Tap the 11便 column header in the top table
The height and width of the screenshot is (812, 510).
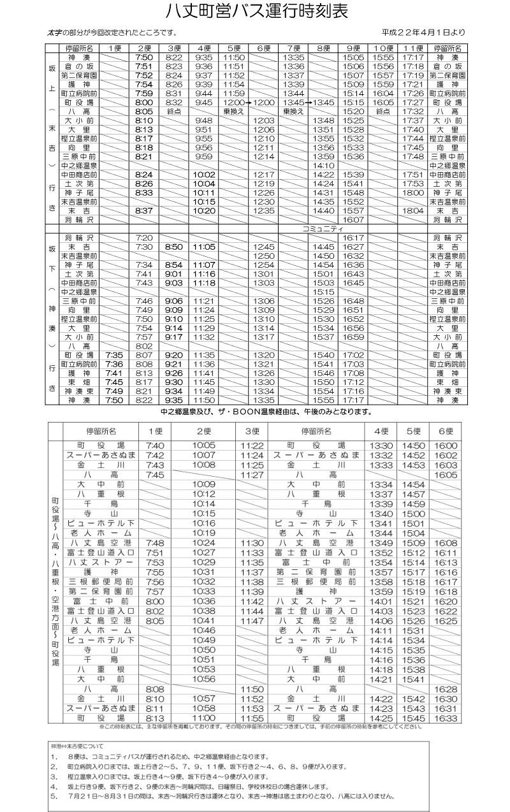(x=414, y=48)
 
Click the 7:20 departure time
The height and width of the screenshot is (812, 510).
(x=145, y=237)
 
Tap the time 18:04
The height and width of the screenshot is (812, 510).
(x=414, y=210)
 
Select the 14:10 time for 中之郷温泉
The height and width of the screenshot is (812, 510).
(x=323, y=165)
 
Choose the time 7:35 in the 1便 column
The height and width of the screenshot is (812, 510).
(x=114, y=354)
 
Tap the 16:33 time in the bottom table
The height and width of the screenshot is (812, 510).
(x=445, y=717)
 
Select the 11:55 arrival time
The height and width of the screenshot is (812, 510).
(x=252, y=717)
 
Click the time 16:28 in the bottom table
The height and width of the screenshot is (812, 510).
(x=445, y=689)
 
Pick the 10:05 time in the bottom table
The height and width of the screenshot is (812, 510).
(x=203, y=445)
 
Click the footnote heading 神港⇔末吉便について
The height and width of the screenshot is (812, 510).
(x=76, y=745)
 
